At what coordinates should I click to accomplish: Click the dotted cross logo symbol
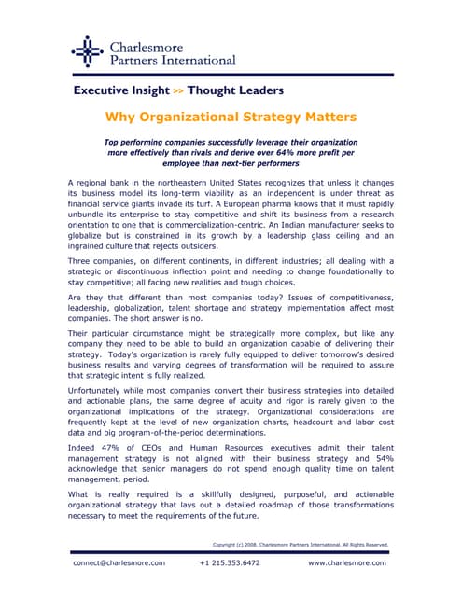(x=86, y=51)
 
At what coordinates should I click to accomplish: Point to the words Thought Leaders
(x=235, y=90)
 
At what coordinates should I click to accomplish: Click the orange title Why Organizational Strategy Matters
(x=230, y=118)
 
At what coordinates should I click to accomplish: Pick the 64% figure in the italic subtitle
(x=286, y=150)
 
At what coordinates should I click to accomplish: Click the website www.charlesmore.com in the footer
(x=347, y=563)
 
